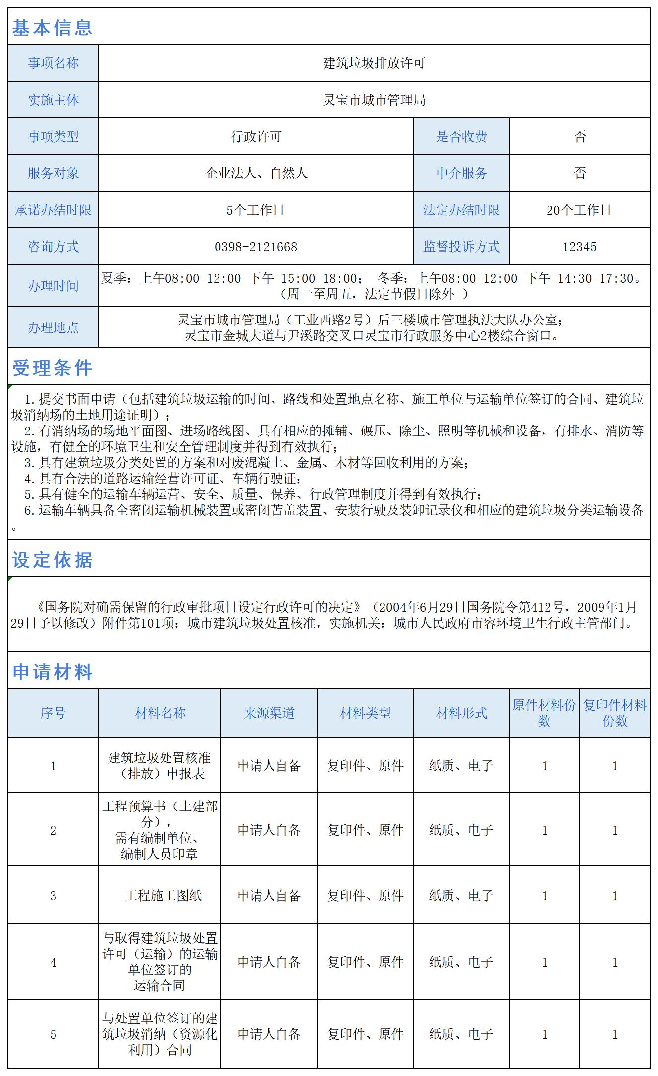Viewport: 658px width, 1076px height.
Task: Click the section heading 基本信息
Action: (x=52, y=28)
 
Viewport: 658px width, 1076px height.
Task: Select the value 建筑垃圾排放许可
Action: (x=374, y=63)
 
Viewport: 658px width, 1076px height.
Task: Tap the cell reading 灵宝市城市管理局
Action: (x=374, y=100)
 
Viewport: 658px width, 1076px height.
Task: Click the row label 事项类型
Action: (x=53, y=137)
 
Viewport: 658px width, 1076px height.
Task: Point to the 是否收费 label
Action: (x=461, y=137)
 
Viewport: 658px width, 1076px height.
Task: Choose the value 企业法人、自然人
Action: (x=256, y=173)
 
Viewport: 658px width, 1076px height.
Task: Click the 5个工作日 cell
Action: (x=256, y=210)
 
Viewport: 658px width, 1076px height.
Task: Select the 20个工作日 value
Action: (x=579, y=210)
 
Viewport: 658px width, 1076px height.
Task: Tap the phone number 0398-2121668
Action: (x=256, y=247)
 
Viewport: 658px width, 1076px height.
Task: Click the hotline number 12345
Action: (x=579, y=247)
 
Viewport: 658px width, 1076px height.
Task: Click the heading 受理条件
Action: (x=52, y=368)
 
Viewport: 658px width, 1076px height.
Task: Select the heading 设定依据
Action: (x=52, y=560)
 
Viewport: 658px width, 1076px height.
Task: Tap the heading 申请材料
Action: (x=52, y=672)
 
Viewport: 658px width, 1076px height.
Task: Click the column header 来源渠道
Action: (x=269, y=713)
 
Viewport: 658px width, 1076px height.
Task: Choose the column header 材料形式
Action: (x=461, y=713)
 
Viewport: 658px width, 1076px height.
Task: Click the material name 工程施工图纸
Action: (x=163, y=896)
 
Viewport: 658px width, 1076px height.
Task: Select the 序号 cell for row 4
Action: (x=53, y=962)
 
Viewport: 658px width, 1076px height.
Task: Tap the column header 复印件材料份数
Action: (x=615, y=713)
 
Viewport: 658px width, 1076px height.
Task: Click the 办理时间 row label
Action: (x=53, y=286)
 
